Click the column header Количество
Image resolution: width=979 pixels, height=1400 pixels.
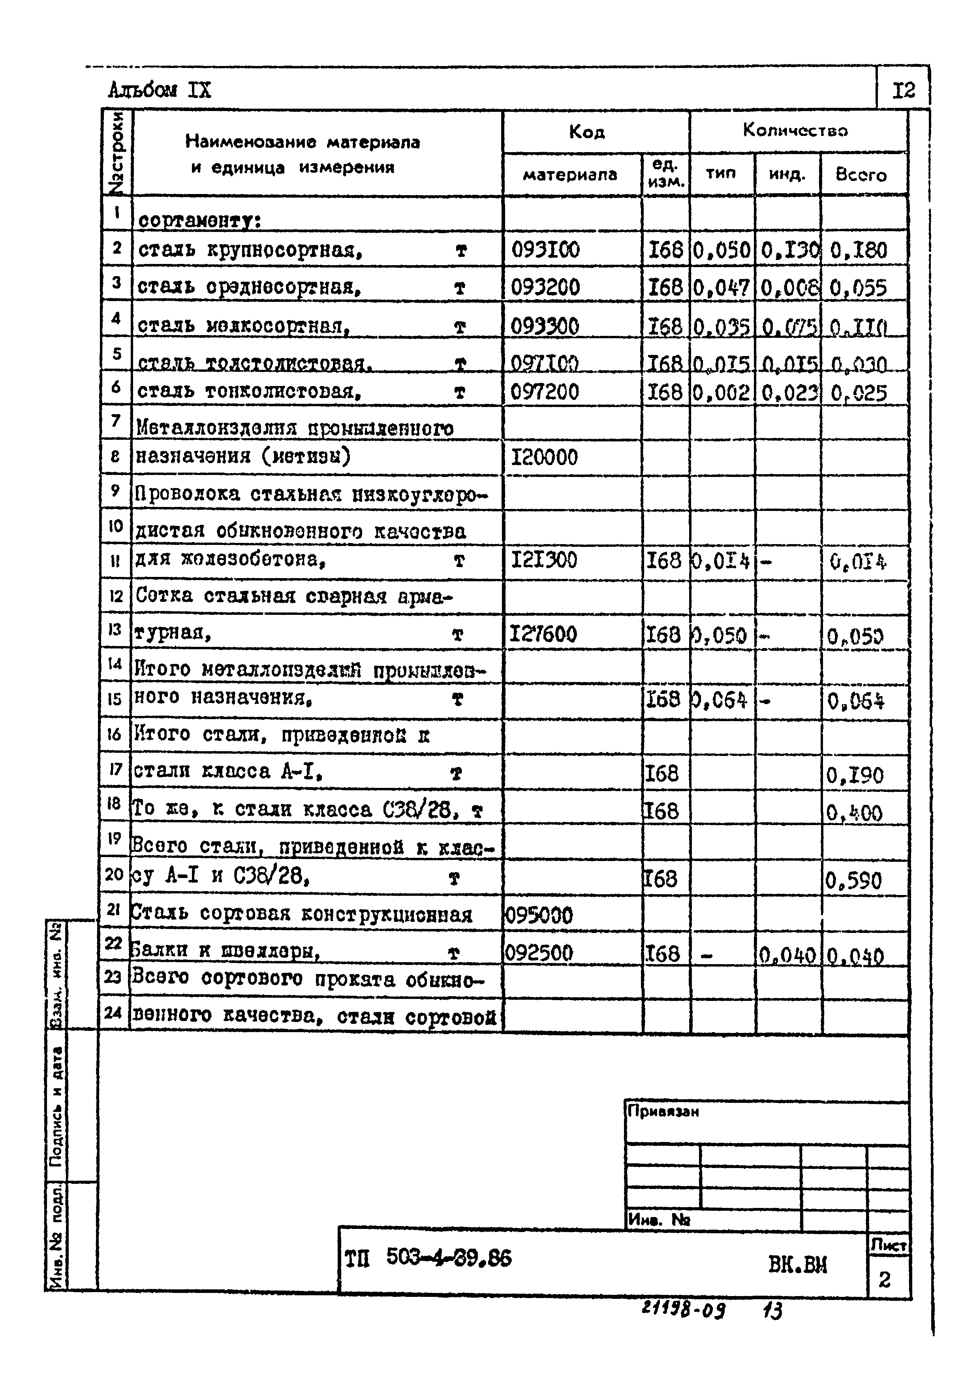point(795,130)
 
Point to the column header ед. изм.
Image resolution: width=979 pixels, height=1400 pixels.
point(666,174)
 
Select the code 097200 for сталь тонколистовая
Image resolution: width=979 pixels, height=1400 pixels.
point(544,392)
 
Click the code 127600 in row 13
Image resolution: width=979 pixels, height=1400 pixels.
point(543,635)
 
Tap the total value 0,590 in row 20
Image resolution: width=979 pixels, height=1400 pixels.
point(854,880)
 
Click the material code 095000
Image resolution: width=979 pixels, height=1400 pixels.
point(539,915)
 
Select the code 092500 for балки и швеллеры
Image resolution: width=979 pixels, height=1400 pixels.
point(539,952)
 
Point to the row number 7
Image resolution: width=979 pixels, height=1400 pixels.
point(116,420)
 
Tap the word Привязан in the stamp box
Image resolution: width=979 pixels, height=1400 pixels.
point(663,1112)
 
